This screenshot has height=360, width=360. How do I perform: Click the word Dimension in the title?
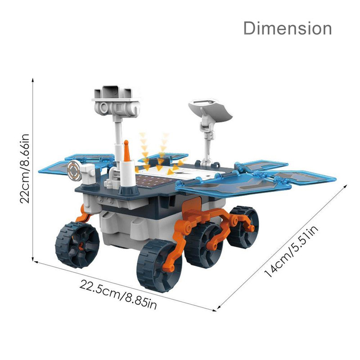(x=288, y=28)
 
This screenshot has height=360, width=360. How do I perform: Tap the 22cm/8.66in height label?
(x=24, y=168)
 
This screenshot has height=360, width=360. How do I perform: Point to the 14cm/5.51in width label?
(x=291, y=251)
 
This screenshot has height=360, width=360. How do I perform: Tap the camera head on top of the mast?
(x=116, y=101)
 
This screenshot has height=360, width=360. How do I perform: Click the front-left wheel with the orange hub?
(x=77, y=245)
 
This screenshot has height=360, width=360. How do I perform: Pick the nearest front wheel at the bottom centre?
(x=159, y=265)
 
